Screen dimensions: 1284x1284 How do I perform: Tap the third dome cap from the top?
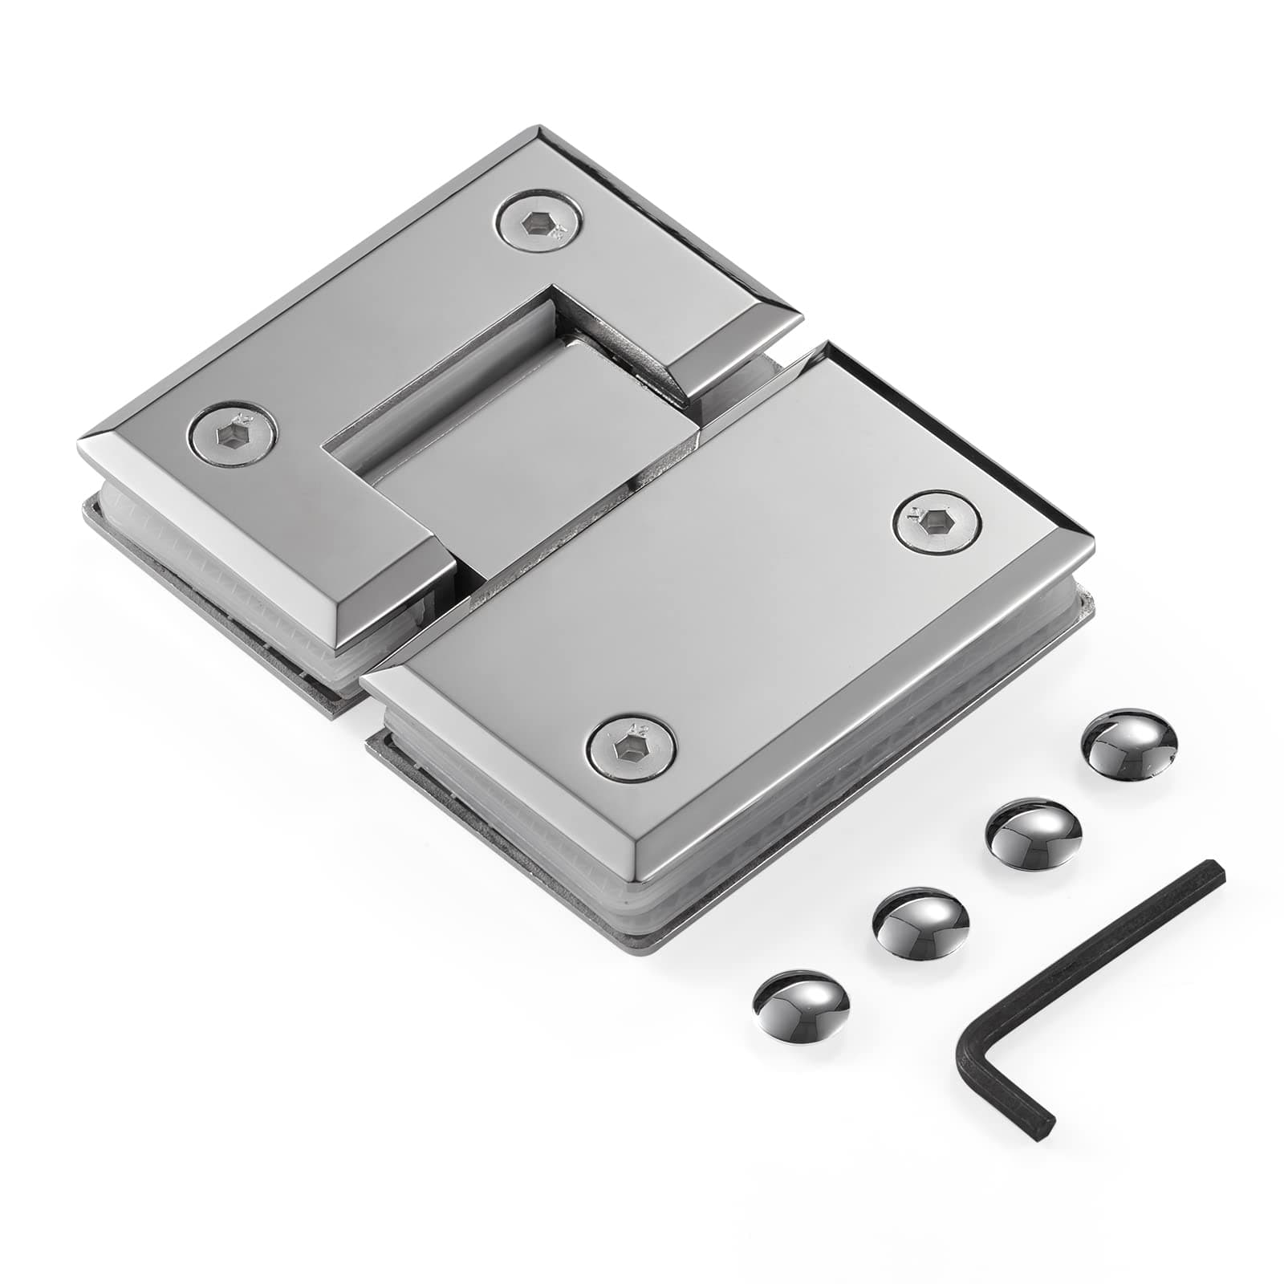920,921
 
